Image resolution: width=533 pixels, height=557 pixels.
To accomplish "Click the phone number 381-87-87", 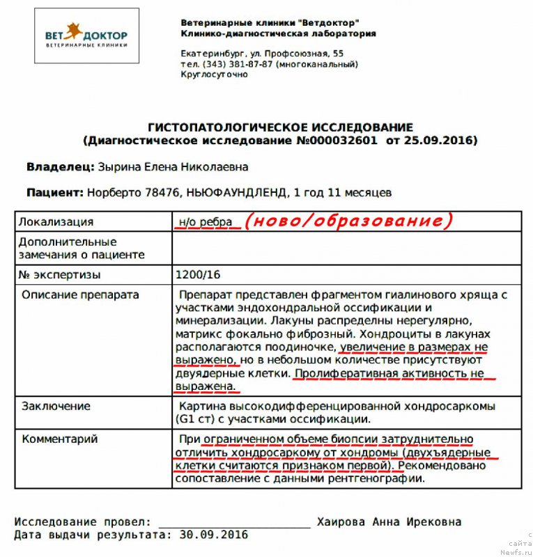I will click(250, 64).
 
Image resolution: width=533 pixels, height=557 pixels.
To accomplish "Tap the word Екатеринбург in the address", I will click(213, 54).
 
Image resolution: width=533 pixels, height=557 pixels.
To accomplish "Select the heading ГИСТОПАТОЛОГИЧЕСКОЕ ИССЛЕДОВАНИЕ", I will click(280, 128).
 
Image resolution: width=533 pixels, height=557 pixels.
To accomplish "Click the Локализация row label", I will click(56, 222).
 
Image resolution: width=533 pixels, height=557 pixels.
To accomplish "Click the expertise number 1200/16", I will click(199, 275).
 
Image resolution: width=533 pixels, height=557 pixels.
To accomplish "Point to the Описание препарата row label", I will click(80, 295).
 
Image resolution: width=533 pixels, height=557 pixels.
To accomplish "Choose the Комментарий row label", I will click(60, 439).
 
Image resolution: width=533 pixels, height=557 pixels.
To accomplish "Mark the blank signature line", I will click(234, 524).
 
